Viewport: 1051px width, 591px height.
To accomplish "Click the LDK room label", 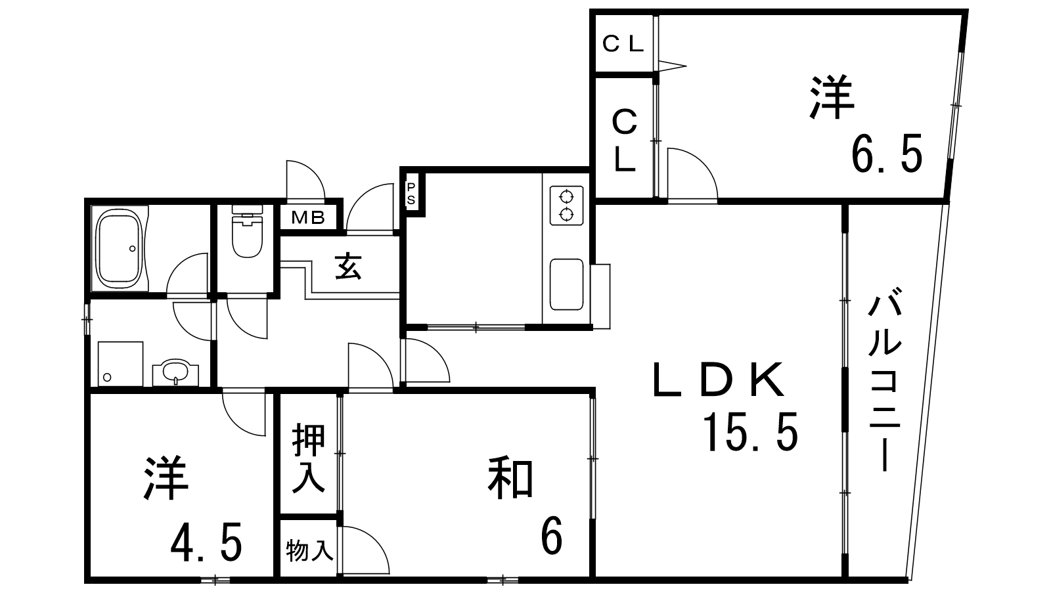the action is click(719, 380).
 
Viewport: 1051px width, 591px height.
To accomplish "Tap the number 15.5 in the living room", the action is click(751, 432).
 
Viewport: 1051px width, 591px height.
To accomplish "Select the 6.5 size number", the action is click(887, 154).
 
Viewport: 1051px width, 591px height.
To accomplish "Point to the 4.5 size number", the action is click(206, 542).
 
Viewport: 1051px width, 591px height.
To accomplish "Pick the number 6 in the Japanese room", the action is click(551, 535).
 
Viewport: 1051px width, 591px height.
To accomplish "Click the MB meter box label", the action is click(308, 217).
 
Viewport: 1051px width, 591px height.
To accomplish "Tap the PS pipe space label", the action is click(411, 194).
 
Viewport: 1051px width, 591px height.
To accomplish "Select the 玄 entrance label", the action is click(349, 267).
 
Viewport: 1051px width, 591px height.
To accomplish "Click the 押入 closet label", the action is click(309, 458).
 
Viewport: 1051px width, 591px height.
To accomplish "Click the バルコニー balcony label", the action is click(885, 380).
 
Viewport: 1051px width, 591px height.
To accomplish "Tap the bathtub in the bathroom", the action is click(119, 249).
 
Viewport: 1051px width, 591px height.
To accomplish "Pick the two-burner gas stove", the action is click(567, 205).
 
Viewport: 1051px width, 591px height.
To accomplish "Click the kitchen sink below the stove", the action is click(567, 284).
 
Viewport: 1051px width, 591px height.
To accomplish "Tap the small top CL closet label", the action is click(623, 44).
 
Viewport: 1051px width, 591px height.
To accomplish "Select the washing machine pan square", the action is click(121, 364).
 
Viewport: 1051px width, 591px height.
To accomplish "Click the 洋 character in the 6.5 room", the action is click(831, 98).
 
